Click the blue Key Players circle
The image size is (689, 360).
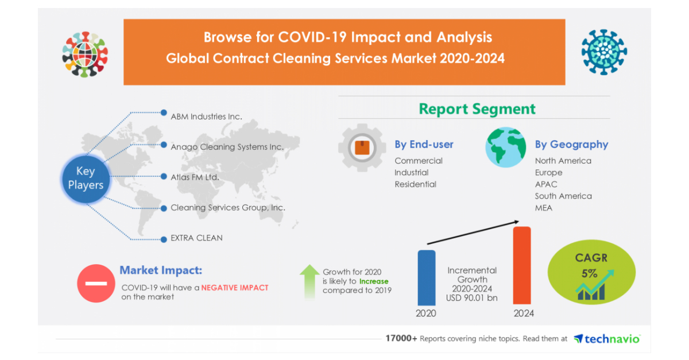coord(85,178)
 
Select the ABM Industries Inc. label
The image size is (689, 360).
coord(206,116)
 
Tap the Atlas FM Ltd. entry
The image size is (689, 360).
coord(195,177)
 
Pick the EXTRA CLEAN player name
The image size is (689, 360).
coord(196,238)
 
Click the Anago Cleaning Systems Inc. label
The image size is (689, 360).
coord(227,147)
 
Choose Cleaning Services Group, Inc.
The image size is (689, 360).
coord(227,208)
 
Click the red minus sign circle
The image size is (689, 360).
coord(95,283)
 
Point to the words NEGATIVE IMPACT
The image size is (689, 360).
coord(234,288)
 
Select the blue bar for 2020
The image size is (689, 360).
coord(426,277)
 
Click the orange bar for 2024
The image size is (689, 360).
coord(521,265)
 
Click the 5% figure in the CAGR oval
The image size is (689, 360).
coord(589,273)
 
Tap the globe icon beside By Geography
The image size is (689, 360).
coord(505,148)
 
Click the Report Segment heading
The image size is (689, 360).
coord(477,109)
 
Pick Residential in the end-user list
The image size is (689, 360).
coord(415,184)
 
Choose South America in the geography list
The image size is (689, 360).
coord(563,196)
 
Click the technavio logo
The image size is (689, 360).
coord(607,339)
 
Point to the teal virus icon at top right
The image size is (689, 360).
coord(604,52)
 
